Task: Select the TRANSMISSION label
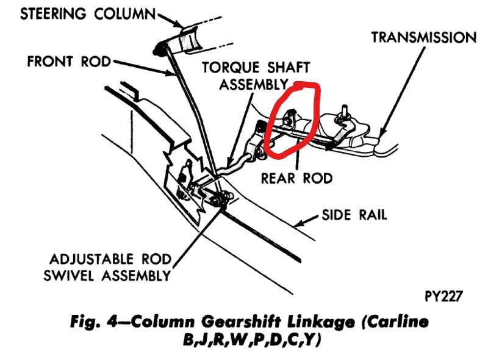click(x=423, y=38)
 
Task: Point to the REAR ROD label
click(x=296, y=178)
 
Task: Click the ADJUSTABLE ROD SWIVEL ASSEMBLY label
click(x=107, y=267)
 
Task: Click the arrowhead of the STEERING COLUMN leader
click(x=182, y=26)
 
